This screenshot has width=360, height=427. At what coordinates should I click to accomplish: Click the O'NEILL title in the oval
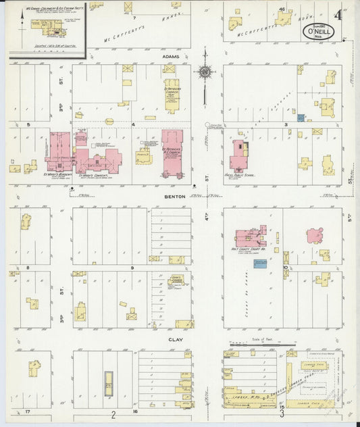[314, 32]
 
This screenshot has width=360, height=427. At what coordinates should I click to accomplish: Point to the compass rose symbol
[205, 72]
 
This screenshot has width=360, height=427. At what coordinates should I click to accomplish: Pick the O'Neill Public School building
[238, 155]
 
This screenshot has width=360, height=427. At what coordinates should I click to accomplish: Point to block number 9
[133, 268]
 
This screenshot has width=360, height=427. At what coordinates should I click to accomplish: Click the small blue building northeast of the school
[301, 118]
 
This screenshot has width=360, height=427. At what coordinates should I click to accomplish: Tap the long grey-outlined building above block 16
[107, 382]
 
